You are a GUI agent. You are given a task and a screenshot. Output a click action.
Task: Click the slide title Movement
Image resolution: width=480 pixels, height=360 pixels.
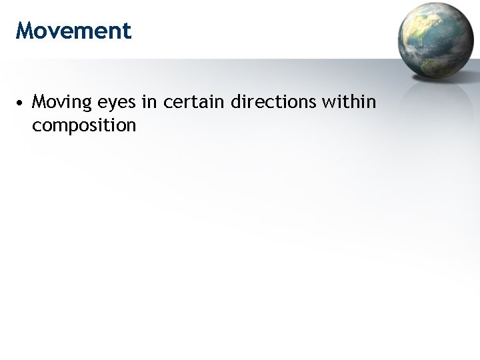click(x=73, y=31)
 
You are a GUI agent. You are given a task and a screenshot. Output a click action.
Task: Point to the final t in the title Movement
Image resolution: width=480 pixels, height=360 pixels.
click(x=127, y=31)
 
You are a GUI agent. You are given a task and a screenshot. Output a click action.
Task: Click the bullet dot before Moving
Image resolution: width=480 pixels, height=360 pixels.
click(x=21, y=104)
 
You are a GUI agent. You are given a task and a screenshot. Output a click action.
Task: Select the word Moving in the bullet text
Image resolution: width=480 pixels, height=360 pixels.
click(x=61, y=103)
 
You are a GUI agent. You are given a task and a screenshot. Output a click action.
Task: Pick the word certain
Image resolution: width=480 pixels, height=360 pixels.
click(x=193, y=103)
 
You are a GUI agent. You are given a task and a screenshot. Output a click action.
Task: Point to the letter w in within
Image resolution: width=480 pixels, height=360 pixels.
click(x=328, y=103)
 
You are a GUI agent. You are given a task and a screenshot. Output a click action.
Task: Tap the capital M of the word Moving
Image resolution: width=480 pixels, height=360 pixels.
click(x=39, y=103)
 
